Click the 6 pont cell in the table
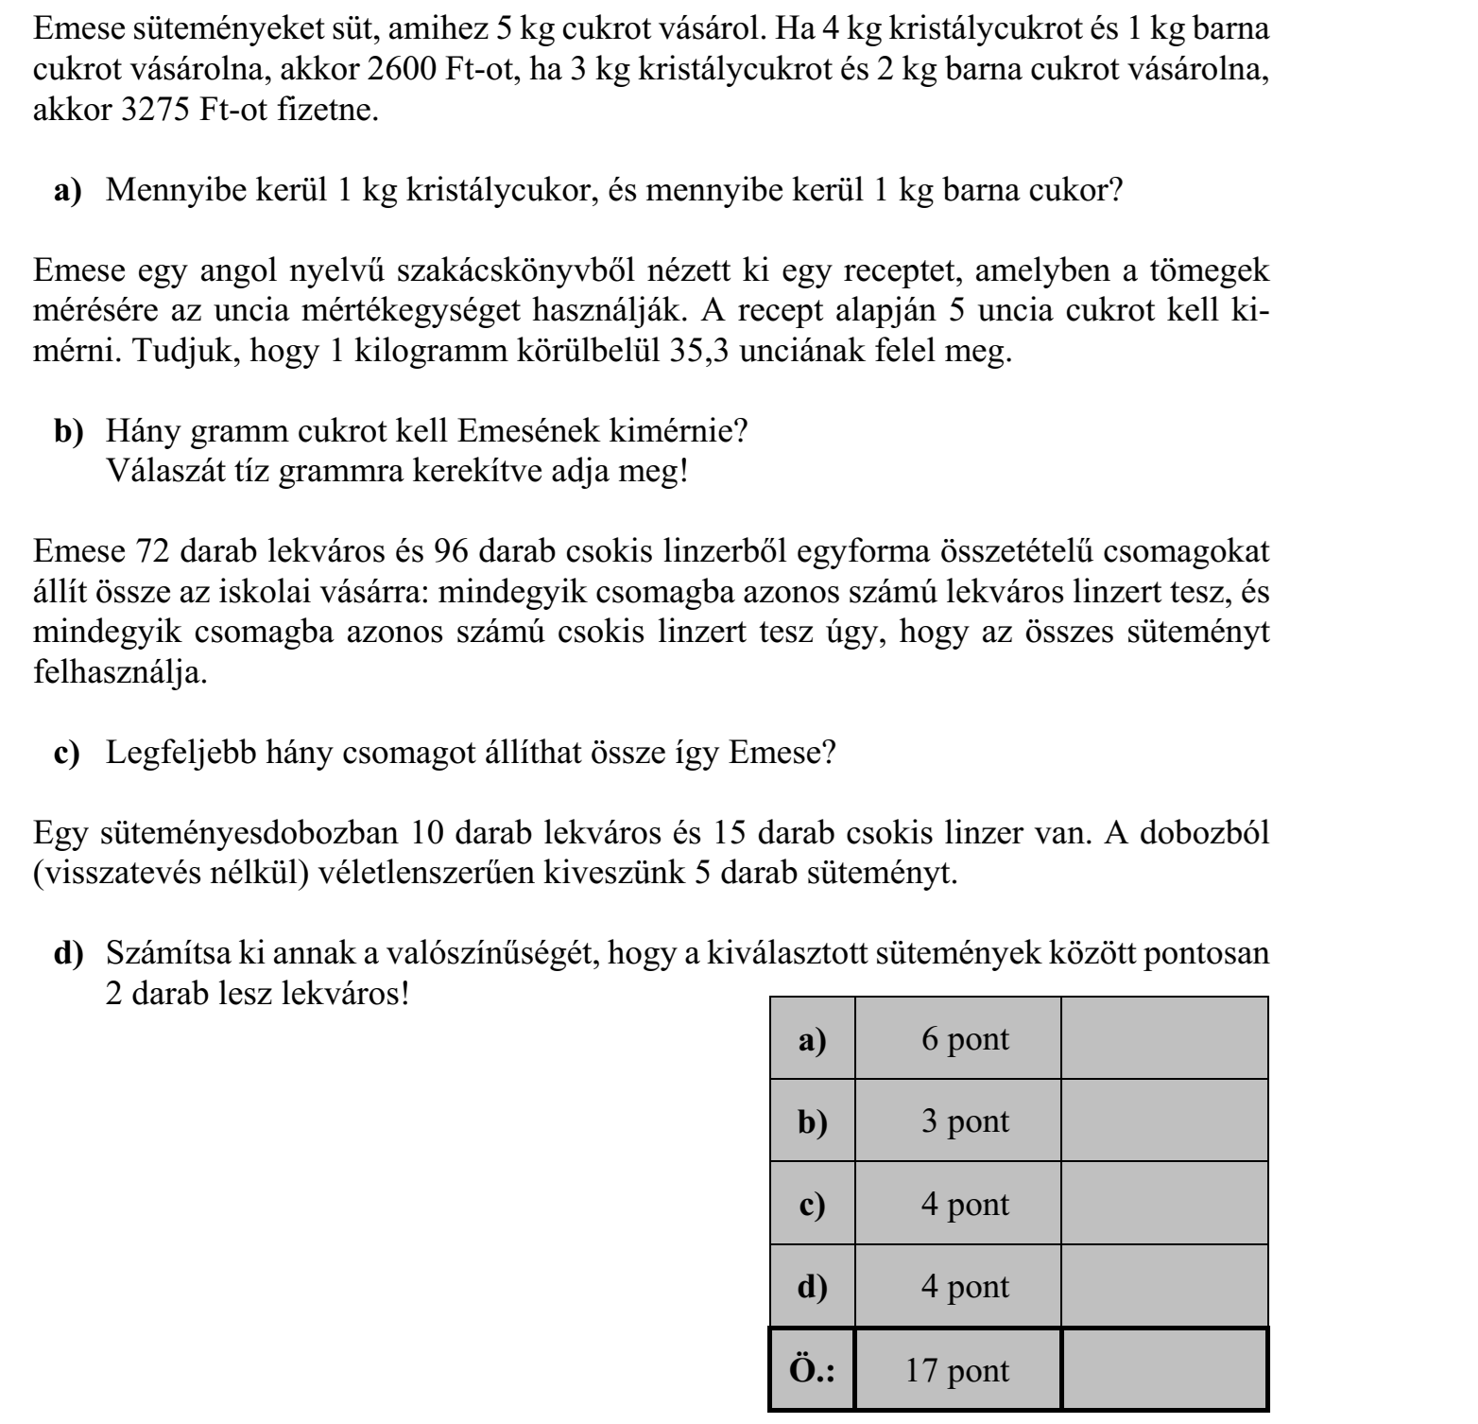(965, 1039)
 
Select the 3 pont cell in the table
(965, 1121)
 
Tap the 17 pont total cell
(957, 1370)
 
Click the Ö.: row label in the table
(812, 1370)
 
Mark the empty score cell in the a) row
(1163, 1039)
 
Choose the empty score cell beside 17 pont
(1163, 1370)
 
